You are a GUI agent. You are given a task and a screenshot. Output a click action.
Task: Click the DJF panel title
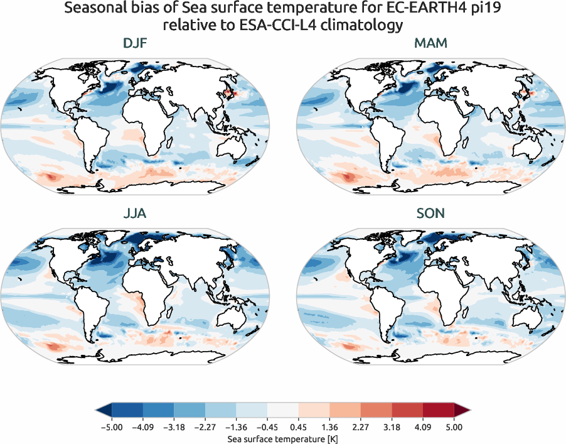pos(135,45)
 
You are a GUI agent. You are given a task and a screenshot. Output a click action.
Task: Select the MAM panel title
pos(430,45)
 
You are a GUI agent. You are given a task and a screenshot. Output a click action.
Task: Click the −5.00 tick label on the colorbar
pos(111,427)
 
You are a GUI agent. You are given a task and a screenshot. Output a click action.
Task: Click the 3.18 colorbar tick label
pos(392,427)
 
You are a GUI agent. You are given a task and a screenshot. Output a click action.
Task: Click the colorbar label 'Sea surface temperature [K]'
pos(282,438)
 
